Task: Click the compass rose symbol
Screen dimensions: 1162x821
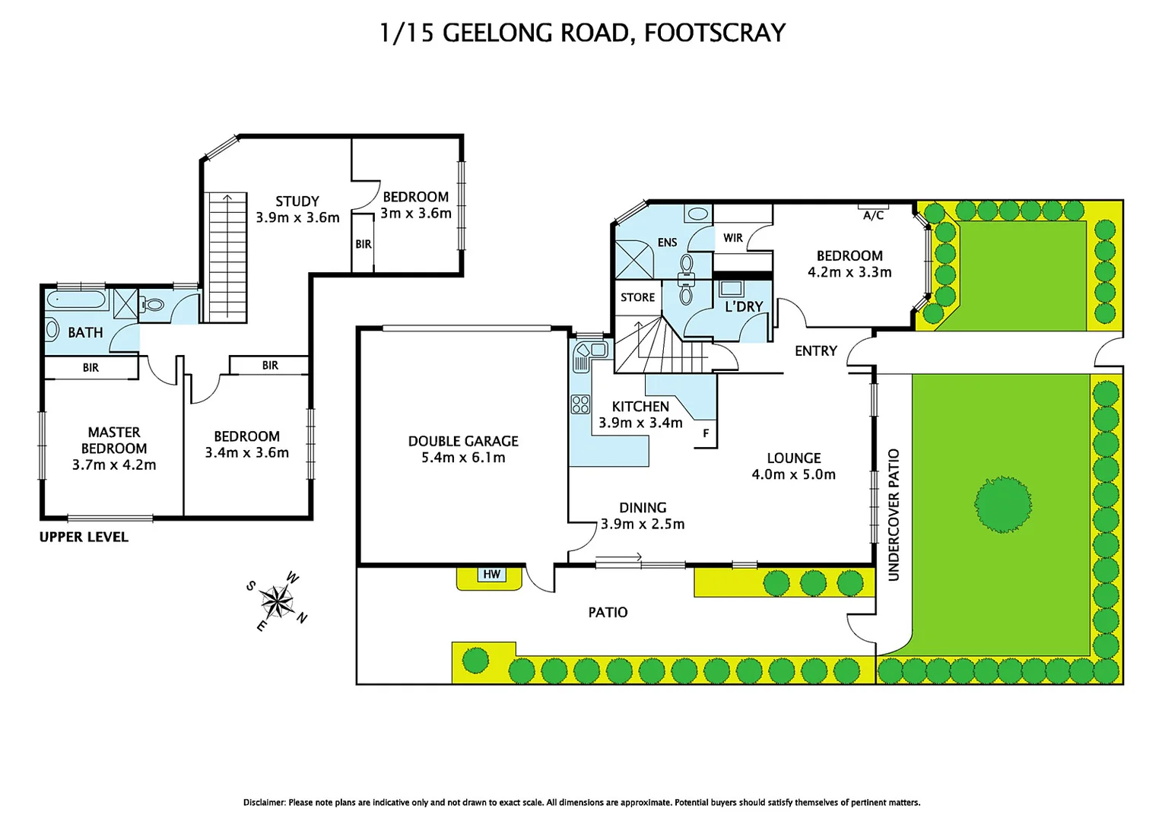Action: [278, 601]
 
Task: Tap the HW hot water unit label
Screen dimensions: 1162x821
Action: [491, 574]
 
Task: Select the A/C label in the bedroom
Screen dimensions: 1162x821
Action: [873, 215]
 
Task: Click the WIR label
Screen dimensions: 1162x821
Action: [733, 238]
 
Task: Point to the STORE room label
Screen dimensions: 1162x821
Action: [637, 297]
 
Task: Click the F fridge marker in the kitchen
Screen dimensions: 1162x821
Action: [706, 433]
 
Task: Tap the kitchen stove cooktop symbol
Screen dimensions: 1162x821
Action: [580, 404]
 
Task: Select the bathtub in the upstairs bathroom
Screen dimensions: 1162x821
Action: [78, 300]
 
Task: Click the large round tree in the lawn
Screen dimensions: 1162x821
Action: [1002, 503]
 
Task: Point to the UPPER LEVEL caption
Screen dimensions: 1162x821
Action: [84, 537]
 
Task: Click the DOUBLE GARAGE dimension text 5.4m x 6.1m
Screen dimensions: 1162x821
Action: [463, 458]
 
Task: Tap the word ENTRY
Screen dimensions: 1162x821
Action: [815, 351]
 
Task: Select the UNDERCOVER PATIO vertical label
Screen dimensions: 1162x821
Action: [894, 515]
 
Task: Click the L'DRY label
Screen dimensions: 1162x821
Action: [744, 306]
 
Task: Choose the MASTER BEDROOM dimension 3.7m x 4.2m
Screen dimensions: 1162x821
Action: [114, 464]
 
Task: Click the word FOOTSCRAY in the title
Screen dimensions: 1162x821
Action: [714, 33]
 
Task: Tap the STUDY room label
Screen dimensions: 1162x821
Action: [297, 201]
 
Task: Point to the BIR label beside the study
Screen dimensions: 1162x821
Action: [364, 244]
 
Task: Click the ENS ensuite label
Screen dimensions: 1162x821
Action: [667, 242]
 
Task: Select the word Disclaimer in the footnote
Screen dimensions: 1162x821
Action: [264, 802]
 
